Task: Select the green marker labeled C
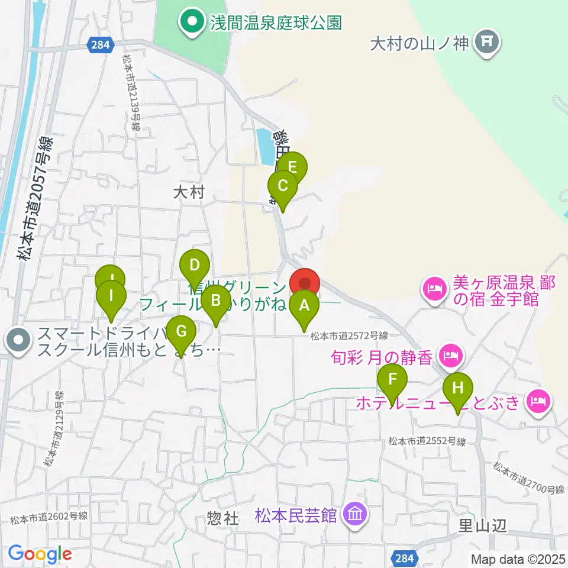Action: point(283,187)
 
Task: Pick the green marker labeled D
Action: point(195,266)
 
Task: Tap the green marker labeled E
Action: point(292,167)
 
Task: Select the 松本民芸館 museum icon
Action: point(355,514)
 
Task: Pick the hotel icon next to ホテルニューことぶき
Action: point(538,402)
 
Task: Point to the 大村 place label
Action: point(189,192)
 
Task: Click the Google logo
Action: point(40,553)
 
